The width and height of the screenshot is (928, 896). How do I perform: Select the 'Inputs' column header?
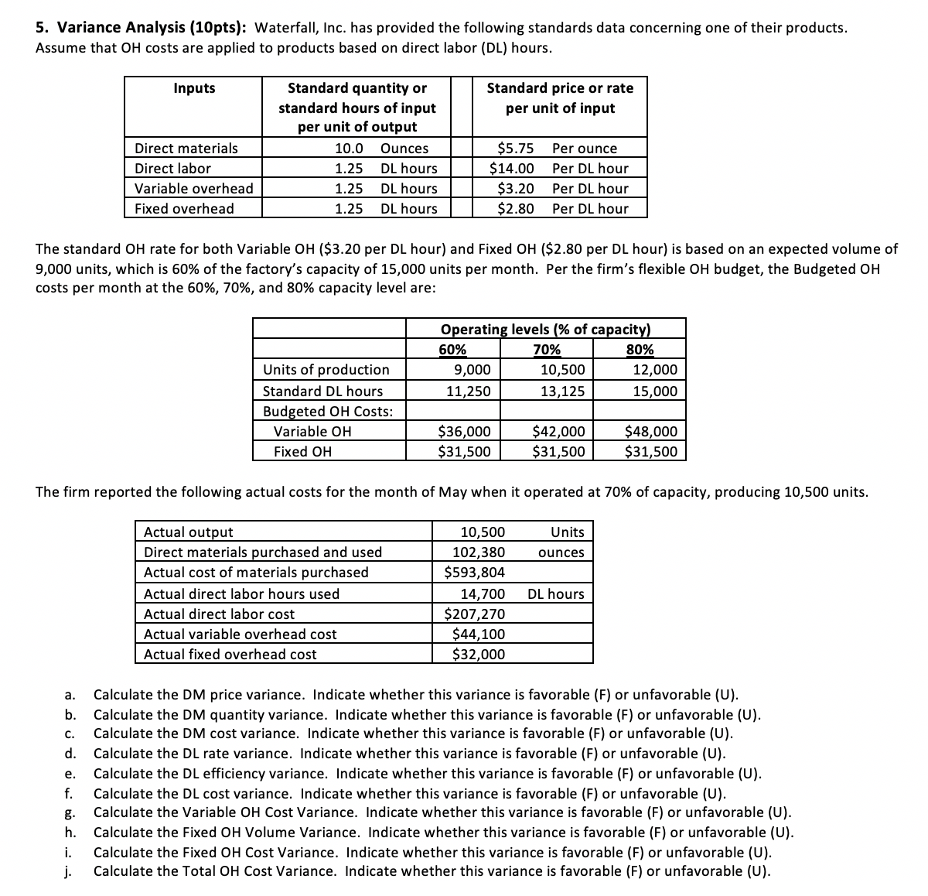tap(194, 88)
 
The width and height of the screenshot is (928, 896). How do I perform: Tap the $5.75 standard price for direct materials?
tap(515, 149)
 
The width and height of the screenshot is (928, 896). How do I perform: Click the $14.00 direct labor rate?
tap(512, 169)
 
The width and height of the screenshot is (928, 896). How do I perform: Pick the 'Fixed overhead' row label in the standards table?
tap(184, 209)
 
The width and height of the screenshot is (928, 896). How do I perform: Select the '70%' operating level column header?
tap(547, 349)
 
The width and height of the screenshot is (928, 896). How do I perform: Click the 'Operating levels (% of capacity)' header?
tap(545, 329)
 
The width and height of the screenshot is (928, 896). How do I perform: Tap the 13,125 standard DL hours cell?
tap(562, 392)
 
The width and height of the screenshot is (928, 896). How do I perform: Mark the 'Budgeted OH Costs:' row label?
tap(328, 412)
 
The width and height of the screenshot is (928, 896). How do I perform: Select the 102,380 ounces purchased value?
tap(479, 552)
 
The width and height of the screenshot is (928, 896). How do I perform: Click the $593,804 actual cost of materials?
tap(475, 573)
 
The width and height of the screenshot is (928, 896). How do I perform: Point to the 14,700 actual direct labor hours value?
tap(483, 594)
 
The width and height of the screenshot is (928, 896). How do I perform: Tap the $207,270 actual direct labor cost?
tap(475, 614)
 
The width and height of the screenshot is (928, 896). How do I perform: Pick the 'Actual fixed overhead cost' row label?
tap(230, 655)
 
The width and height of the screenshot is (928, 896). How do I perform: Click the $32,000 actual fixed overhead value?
tap(479, 655)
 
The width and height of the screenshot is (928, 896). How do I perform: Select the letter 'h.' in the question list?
tap(70, 833)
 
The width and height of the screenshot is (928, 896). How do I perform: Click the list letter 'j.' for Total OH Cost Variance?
tap(69, 872)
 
